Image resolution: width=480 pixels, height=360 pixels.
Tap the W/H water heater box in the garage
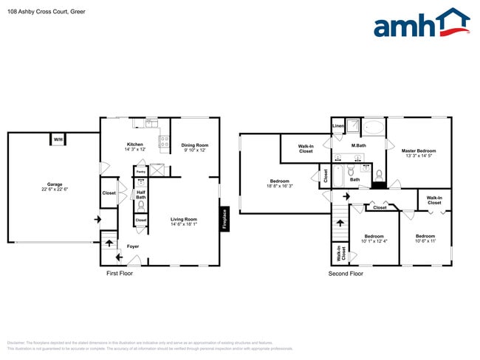(x=58, y=139)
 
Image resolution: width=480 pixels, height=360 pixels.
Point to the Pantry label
(x=140, y=171)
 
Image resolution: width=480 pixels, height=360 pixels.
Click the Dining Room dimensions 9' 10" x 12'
(x=195, y=150)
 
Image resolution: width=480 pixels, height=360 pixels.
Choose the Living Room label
(x=184, y=219)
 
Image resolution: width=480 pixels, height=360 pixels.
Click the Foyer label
(x=133, y=246)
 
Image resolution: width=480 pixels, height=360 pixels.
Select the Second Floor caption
(x=346, y=274)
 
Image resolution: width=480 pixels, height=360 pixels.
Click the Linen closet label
(x=338, y=126)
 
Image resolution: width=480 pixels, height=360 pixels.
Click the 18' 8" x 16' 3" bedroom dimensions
(x=279, y=186)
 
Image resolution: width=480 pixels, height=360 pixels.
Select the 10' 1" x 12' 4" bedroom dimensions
(x=374, y=241)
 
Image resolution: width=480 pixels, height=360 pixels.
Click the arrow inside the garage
(x=96, y=219)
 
